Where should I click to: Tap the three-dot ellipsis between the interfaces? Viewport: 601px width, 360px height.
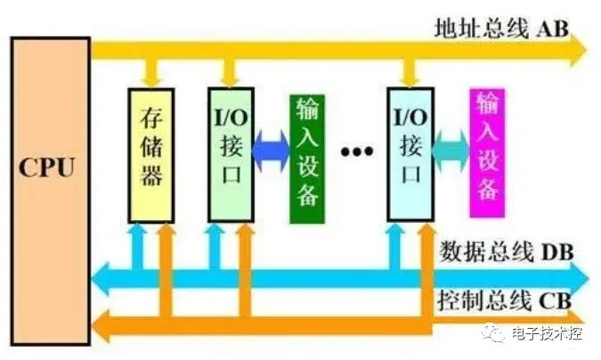357,151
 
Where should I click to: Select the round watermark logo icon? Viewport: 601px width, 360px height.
494,335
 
